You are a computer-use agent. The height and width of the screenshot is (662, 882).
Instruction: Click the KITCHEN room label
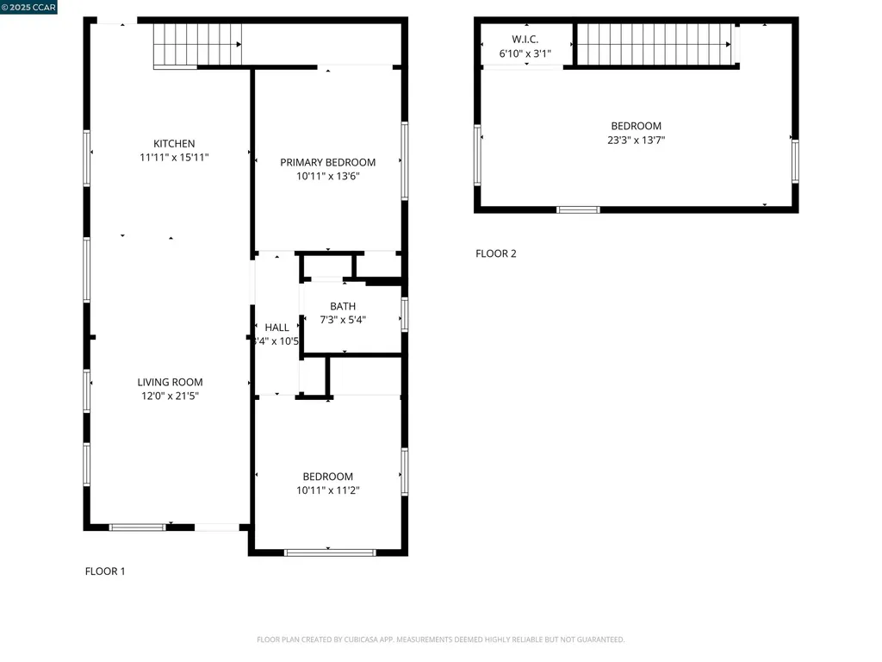pyautogui.click(x=174, y=144)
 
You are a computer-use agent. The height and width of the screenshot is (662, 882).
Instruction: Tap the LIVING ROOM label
pyautogui.click(x=171, y=383)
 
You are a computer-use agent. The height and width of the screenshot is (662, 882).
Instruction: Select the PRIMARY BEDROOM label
pyautogui.click(x=327, y=163)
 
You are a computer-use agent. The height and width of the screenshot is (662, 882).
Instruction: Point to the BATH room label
pyautogui.click(x=343, y=307)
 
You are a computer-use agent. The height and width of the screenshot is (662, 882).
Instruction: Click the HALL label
pyautogui.click(x=276, y=328)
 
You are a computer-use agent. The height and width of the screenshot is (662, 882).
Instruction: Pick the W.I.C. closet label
pyautogui.click(x=525, y=40)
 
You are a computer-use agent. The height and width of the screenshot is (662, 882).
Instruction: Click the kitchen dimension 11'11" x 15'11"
pyautogui.click(x=174, y=158)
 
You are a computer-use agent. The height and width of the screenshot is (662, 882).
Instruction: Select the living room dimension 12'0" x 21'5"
pyautogui.click(x=171, y=397)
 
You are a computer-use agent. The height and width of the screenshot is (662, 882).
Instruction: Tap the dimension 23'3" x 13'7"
pyautogui.click(x=636, y=140)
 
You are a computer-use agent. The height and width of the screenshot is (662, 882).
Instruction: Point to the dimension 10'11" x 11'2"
pyautogui.click(x=327, y=490)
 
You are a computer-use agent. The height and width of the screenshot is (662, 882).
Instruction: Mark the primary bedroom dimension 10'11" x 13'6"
pyautogui.click(x=327, y=177)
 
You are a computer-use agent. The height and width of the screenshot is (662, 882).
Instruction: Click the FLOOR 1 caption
pyautogui.click(x=105, y=571)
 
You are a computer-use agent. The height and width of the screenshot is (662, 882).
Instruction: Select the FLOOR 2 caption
pyautogui.click(x=496, y=253)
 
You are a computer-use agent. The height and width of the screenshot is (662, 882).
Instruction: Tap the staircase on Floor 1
pyautogui.click(x=197, y=45)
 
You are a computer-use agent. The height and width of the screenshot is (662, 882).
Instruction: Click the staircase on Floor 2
pyautogui.click(x=655, y=44)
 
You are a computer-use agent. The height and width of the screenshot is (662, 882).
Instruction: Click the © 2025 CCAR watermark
pyautogui.click(x=29, y=8)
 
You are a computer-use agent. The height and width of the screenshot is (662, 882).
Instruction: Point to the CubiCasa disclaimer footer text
pyautogui.click(x=440, y=640)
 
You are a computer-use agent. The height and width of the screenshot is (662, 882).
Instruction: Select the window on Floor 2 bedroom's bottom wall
pyautogui.click(x=578, y=209)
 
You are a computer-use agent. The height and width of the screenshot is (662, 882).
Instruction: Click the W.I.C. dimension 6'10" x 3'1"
pyautogui.click(x=525, y=53)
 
